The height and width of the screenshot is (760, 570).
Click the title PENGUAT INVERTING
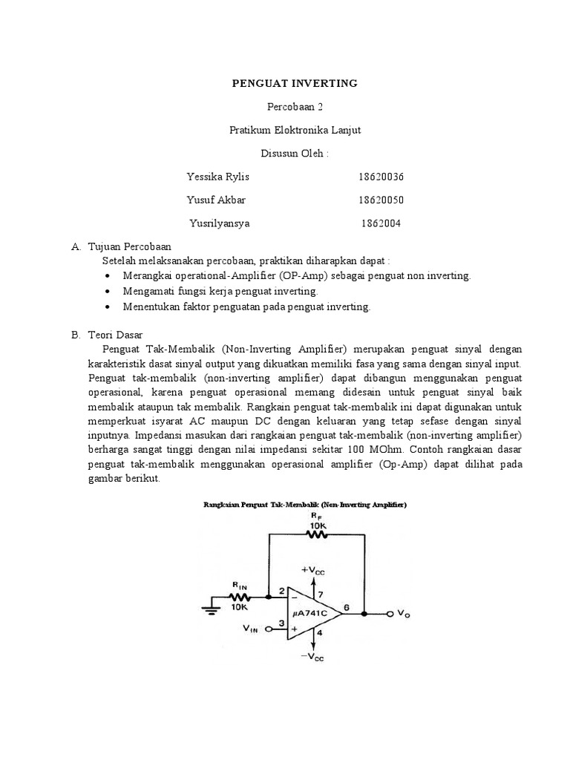click(295, 83)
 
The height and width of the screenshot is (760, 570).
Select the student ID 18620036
click(381, 177)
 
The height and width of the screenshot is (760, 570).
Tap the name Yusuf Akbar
click(217, 200)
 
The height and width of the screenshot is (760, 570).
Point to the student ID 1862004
click(381, 223)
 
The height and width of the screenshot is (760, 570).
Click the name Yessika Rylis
click(218, 177)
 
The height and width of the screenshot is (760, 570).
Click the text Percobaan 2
click(295, 107)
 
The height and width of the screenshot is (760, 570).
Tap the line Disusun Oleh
click(295, 154)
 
